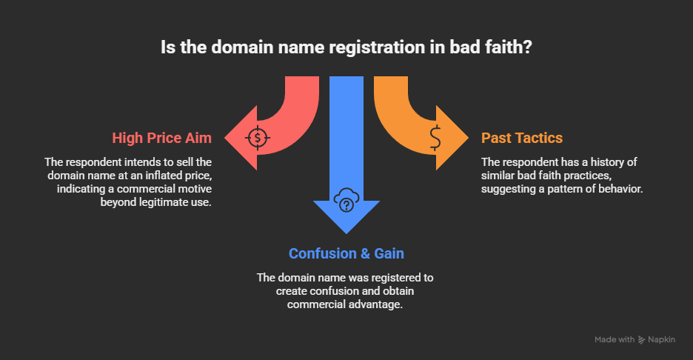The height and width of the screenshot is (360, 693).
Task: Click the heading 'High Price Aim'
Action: (162, 138)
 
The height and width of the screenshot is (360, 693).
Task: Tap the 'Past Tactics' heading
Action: (521, 138)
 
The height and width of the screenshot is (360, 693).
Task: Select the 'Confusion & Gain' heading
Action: (346, 253)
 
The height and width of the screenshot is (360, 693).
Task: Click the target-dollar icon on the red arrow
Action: (257, 137)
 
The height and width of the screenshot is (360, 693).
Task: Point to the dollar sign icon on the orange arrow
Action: (435, 137)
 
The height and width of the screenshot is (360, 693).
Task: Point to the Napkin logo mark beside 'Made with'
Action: (641, 339)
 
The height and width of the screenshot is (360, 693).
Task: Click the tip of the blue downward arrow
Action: (346, 232)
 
